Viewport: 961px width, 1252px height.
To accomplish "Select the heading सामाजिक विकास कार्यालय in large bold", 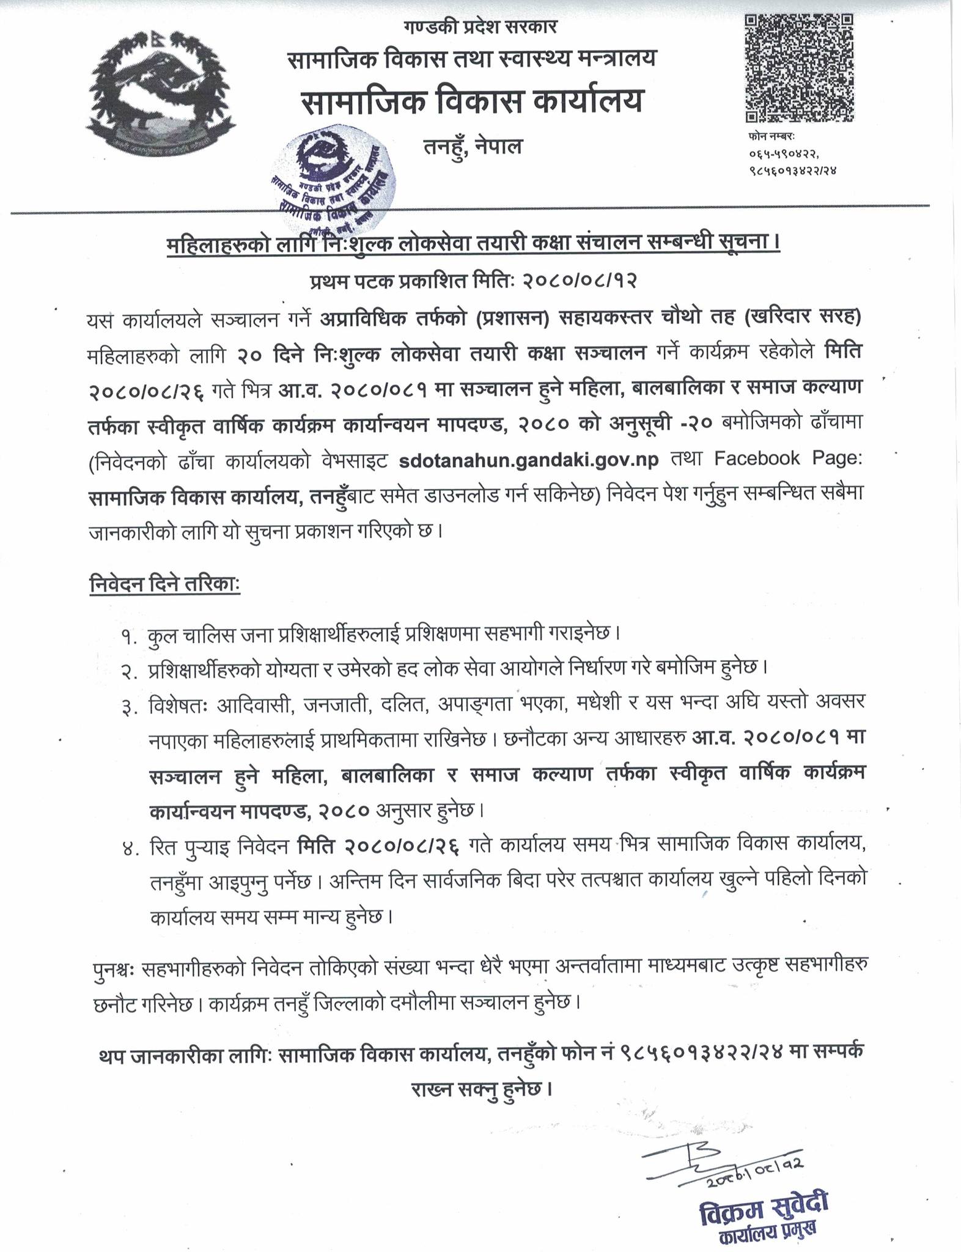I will click(471, 101).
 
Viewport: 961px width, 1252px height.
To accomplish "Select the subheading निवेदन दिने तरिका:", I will click(164, 583).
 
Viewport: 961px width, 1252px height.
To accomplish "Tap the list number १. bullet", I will click(128, 635).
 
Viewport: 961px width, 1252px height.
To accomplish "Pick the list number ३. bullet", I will click(128, 707).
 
